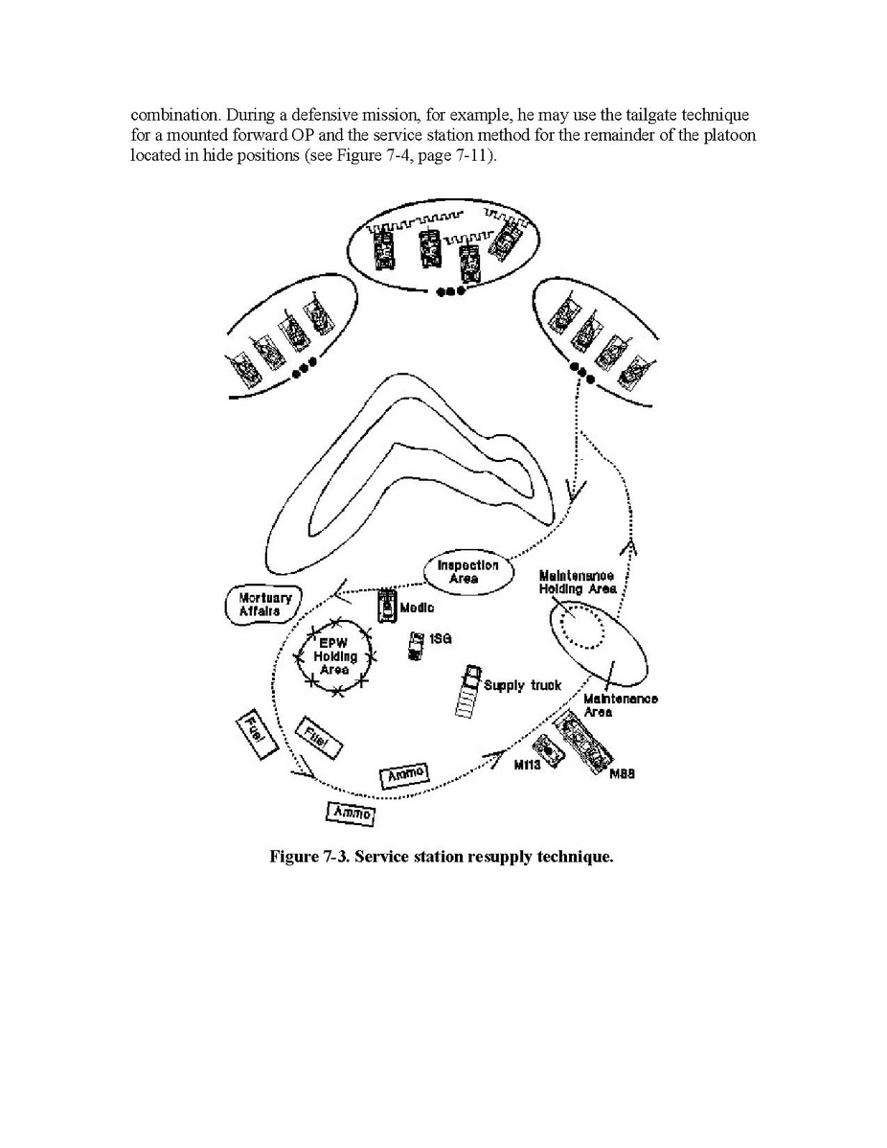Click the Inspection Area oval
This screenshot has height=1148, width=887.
point(467,572)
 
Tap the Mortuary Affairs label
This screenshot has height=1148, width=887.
point(258,605)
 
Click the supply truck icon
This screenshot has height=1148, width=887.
point(466,690)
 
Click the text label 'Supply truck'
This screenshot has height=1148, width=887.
point(522,685)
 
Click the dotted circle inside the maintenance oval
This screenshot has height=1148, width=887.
point(582,630)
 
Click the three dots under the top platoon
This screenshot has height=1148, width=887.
point(447,291)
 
